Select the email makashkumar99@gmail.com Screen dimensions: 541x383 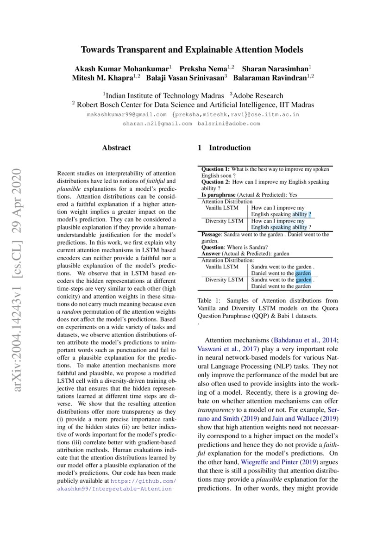click(x=127, y=114)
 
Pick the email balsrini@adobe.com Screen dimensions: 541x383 click(x=229, y=124)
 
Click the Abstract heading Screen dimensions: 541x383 click(x=116, y=148)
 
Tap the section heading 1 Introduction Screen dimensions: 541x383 click(x=224, y=148)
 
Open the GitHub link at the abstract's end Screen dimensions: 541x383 click(x=139, y=485)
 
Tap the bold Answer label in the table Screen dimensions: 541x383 click(x=211, y=254)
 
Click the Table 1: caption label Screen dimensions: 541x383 click(x=209, y=301)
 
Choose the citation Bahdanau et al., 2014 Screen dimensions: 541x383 click(x=301, y=340)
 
